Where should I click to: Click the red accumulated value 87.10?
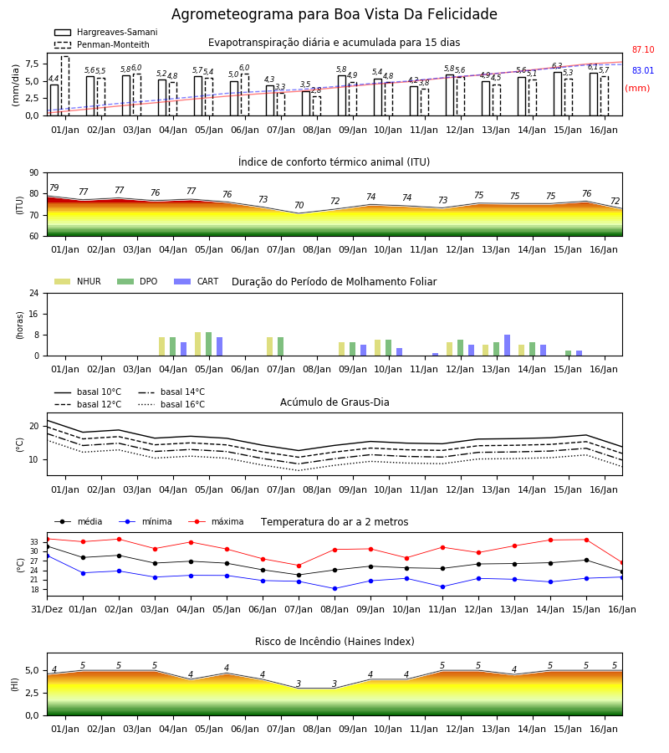tap(642, 49)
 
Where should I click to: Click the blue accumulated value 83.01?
tap(642, 70)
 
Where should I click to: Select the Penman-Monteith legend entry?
tap(102, 44)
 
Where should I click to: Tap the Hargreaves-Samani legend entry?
tap(105, 32)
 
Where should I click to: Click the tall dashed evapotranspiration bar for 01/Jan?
tap(64, 86)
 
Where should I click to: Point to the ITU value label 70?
tap(299, 205)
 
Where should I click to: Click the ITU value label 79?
tap(54, 187)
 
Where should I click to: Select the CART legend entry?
tap(197, 281)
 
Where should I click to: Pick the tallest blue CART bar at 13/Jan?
tap(508, 346)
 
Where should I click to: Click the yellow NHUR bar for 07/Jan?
tap(270, 346)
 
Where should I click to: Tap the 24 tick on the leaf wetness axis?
tap(34, 293)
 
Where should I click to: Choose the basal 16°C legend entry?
tap(171, 404)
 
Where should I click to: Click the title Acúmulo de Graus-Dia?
tap(334, 402)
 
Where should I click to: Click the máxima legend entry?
tap(216, 521)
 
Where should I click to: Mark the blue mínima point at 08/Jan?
tap(334, 589)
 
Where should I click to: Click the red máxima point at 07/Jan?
tap(299, 566)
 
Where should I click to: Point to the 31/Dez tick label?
tap(47, 609)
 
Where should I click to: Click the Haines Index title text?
tap(334, 642)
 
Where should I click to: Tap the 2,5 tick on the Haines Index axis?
tap(33, 693)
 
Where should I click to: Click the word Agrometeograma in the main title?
tap(232, 14)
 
